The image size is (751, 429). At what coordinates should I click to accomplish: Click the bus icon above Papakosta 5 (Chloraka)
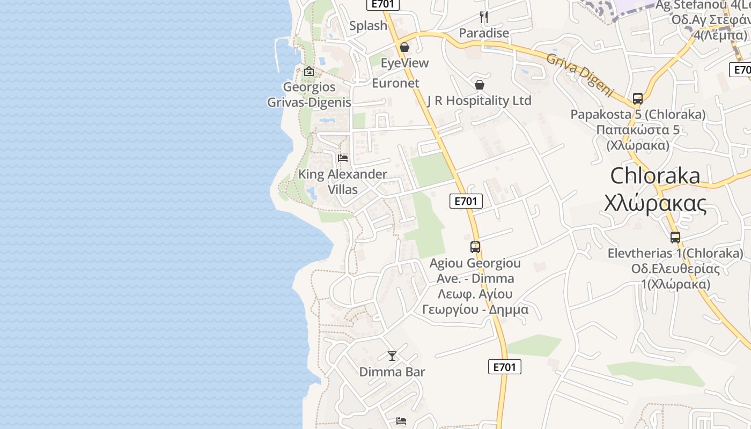tap(637, 99)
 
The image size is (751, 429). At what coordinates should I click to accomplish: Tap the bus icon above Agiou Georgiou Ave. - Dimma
tap(475, 247)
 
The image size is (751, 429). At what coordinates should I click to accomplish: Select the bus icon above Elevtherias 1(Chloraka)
tap(675, 237)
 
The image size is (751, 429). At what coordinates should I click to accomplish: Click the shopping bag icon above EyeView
tap(404, 47)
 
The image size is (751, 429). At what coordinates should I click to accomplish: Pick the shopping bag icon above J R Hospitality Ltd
tap(480, 85)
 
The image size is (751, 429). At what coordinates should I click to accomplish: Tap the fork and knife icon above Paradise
tap(483, 17)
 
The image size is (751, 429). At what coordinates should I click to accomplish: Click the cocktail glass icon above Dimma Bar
tap(392, 356)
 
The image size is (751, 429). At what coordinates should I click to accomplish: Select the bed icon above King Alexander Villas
tap(343, 158)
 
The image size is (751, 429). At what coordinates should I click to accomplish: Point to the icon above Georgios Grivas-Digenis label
tap(309, 71)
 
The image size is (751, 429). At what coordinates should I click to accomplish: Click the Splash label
tap(368, 26)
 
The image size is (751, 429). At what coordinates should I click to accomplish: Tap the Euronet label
tap(395, 83)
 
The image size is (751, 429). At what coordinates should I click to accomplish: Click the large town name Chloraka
tap(655, 175)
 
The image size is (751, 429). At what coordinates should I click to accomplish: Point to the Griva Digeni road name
tap(579, 74)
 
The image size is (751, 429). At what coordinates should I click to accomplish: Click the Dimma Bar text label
tap(392, 372)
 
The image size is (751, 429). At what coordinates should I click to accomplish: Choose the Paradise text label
tap(484, 33)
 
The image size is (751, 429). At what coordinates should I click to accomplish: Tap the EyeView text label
tap(404, 63)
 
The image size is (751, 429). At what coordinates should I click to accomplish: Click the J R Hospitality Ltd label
tap(480, 100)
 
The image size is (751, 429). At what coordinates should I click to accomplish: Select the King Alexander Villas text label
tap(343, 181)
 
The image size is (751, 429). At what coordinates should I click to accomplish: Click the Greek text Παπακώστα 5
tap(638, 130)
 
